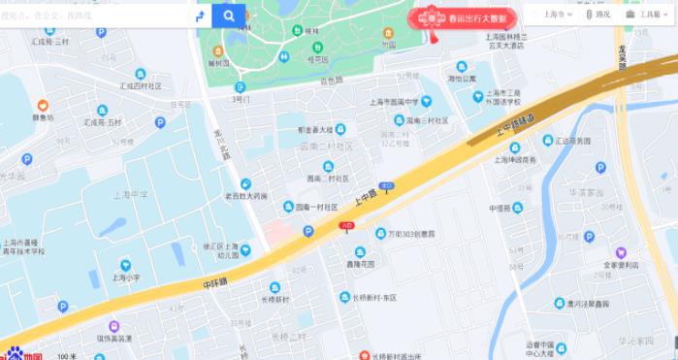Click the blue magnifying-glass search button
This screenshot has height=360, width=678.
(229, 16)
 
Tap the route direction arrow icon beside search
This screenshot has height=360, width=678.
(200, 16)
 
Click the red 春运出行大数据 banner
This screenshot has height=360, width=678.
(464, 16)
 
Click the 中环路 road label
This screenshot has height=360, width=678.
(214, 282)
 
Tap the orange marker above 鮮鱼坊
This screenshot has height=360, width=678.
(43, 105)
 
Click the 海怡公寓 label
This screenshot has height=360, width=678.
(462, 78)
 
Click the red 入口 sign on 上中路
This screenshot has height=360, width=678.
(346, 225)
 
